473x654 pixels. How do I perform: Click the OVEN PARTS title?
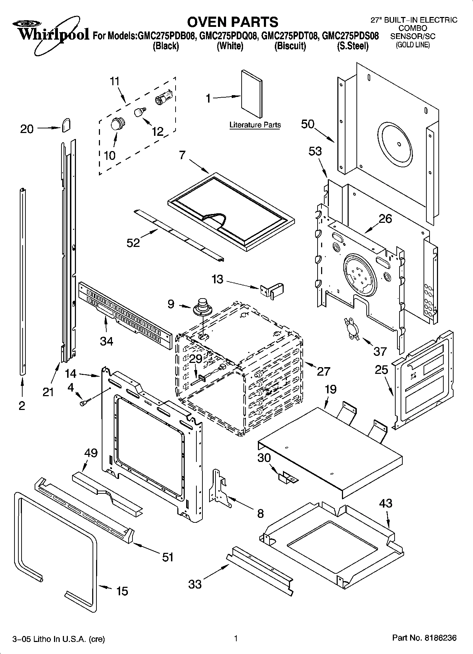[x=232, y=22]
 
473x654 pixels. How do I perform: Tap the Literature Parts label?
[x=255, y=125]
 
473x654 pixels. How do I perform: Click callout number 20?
[x=27, y=129]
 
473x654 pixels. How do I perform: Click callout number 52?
[x=134, y=243]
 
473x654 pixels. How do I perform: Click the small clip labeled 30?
[x=288, y=478]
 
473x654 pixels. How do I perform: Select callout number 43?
[x=385, y=503]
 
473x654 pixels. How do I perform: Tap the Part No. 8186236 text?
[x=424, y=638]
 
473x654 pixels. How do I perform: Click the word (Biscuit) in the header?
[x=290, y=46]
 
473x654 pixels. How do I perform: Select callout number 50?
[x=308, y=124]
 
